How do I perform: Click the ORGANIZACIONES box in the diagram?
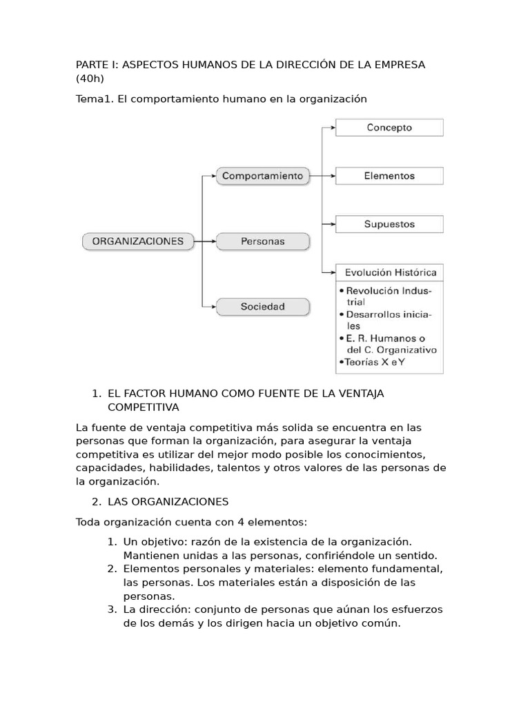(x=138, y=241)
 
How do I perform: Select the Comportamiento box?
(x=262, y=176)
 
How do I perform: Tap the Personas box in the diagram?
(x=262, y=242)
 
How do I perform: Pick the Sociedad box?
(x=262, y=307)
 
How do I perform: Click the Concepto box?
(x=389, y=128)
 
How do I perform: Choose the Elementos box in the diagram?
(x=389, y=176)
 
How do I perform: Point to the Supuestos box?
(x=389, y=224)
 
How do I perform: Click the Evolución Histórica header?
(x=389, y=272)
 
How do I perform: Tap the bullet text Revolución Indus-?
(x=387, y=291)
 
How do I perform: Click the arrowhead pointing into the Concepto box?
(x=331, y=128)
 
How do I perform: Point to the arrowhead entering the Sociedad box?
(x=213, y=306)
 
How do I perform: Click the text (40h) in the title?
(x=90, y=79)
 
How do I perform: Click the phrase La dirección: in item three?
(x=157, y=609)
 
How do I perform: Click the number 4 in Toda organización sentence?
(x=235, y=522)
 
